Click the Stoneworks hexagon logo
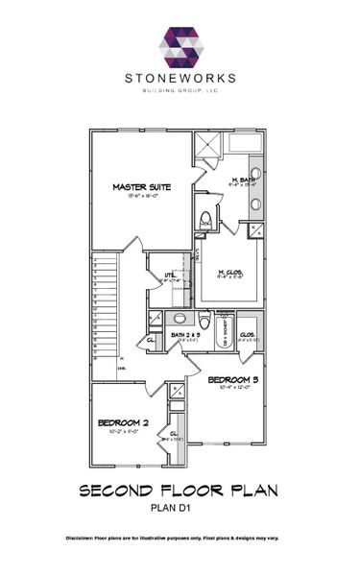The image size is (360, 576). [x=180, y=48]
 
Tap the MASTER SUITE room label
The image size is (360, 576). [x=141, y=187]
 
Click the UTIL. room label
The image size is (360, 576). [x=170, y=276]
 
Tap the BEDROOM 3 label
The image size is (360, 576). [x=233, y=380]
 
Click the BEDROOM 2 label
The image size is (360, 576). [x=122, y=422]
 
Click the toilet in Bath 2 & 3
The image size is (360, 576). [x=204, y=318]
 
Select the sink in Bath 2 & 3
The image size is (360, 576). [x=179, y=318]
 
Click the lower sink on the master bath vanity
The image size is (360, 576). [x=257, y=204]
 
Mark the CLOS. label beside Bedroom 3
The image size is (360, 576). [x=248, y=335]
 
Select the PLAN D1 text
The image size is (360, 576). [x=180, y=509]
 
